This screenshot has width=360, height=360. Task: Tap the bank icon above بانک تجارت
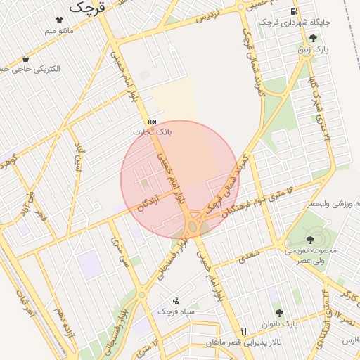coord(152,122)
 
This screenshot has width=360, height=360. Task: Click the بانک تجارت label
coord(152,131)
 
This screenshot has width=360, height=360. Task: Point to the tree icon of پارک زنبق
coord(312,38)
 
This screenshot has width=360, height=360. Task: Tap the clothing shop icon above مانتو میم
coord(58,20)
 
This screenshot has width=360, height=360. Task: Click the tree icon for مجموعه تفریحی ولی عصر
coord(310,240)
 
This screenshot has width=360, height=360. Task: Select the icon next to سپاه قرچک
coord(175,300)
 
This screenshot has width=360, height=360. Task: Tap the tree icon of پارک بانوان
coord(279,313)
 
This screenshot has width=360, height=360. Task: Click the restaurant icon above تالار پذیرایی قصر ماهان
coord(243,331)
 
